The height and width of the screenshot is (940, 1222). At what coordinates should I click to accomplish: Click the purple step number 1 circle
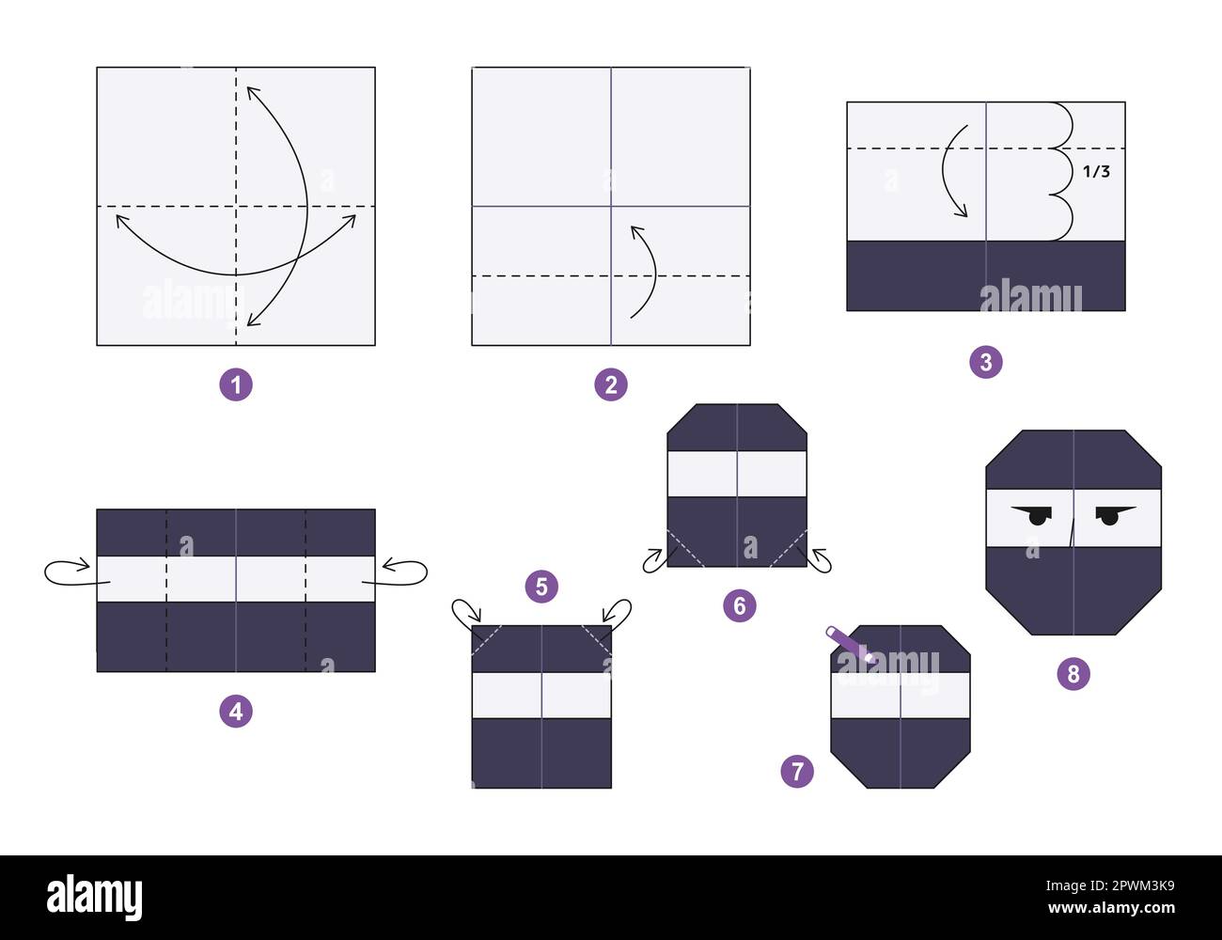(x=236, y=384)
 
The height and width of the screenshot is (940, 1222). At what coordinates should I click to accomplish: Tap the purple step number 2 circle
(x=611, y=384)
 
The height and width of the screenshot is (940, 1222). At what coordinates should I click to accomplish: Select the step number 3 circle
(x=986, y=362)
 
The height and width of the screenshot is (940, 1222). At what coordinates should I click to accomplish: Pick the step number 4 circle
(x=236, y=712)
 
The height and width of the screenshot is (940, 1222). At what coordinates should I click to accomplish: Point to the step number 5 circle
(x=541, y=587)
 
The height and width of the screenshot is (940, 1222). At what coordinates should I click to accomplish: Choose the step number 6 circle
(x=740, y=606)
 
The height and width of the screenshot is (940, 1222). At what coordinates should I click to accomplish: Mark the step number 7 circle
(x=797, y=772)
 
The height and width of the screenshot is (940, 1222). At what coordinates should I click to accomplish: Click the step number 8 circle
(x=1073, y=673)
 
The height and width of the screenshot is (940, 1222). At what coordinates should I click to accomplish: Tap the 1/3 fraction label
(x=1096, y=171)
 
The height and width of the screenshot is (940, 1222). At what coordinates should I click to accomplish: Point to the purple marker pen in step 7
(x=848, y=644)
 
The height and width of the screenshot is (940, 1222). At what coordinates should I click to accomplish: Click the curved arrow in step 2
(x=645, y=271)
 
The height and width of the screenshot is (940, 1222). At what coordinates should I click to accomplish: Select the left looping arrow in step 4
(x=68, y=571)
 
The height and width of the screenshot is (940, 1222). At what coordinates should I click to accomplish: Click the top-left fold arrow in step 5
(x=464, y=615)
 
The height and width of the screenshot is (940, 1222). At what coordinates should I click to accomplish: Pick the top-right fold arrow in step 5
(x=618, y=614)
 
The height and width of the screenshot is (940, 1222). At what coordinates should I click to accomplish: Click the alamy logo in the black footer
(x=95, y=898)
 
